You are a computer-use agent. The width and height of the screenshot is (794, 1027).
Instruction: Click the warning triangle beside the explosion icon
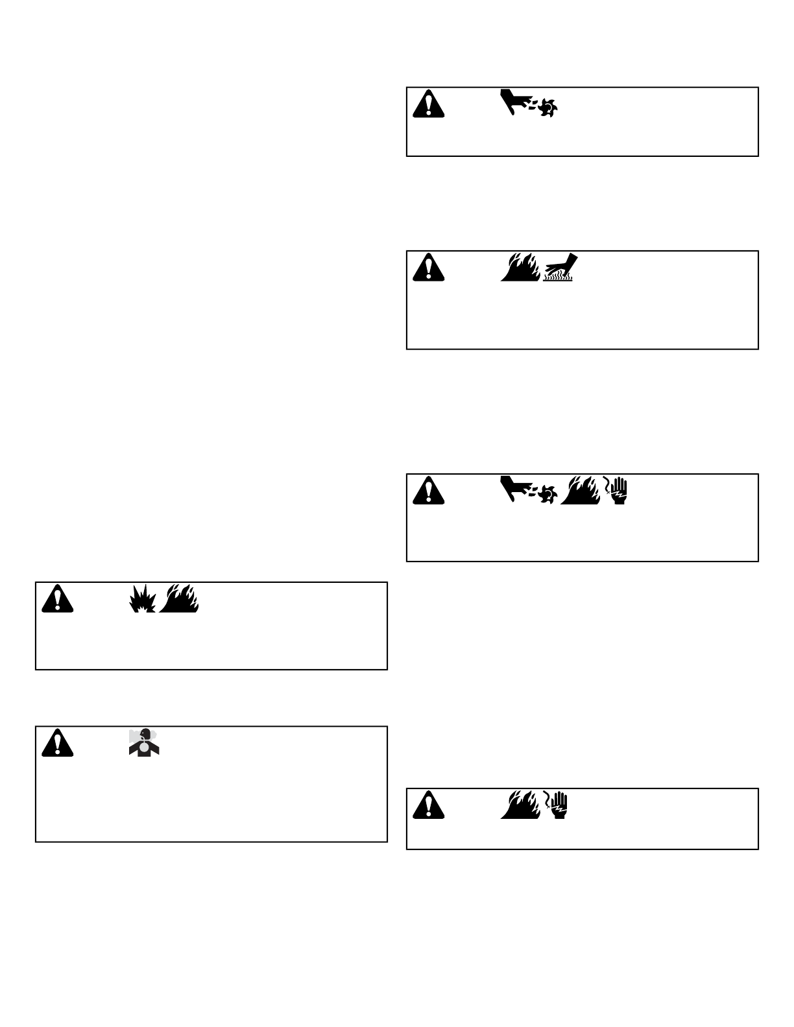coord(57,598)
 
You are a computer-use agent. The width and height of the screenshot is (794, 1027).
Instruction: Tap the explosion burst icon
coord(143,599)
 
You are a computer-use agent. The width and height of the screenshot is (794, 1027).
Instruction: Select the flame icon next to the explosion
coord(180,598)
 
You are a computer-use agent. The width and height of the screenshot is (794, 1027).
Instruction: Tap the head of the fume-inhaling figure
coord(145,733)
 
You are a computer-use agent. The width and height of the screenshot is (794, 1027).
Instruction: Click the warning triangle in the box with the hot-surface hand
coord(428,266)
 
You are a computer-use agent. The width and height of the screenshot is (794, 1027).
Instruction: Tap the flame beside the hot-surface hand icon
coord(520,266)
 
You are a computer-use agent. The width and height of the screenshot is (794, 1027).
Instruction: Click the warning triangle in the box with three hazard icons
coord(428,490)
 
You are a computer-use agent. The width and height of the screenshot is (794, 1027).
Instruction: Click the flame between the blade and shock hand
coord(581,490)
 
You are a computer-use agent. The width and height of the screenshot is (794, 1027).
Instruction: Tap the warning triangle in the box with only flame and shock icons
coord(428,805)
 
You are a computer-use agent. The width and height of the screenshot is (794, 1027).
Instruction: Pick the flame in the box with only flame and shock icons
coord(520,805)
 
